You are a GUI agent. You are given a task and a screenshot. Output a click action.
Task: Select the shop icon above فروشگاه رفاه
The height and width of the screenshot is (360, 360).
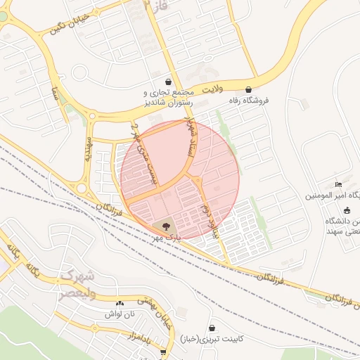point(250,89)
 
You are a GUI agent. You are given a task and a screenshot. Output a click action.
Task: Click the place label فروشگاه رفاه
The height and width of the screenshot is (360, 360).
point(269,100)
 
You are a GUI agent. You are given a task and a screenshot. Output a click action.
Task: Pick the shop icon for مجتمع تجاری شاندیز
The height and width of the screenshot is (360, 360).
point(167,82)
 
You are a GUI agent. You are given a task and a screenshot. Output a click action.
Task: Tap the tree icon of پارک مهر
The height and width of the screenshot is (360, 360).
point(167,226)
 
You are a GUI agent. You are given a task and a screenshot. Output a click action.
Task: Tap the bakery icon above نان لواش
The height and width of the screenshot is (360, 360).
point(119,303)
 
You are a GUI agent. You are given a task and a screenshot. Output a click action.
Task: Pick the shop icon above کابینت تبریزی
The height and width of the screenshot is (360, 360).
point(212,328)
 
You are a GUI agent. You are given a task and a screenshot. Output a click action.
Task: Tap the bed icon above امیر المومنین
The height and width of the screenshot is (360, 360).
point(339,184)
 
